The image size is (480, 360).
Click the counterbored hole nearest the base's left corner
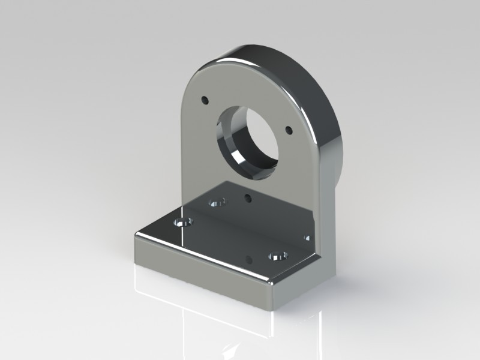182,223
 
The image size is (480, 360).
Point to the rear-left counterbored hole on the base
216,203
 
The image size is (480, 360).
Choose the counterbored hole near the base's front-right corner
278,257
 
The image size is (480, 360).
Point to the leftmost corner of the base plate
134,235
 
